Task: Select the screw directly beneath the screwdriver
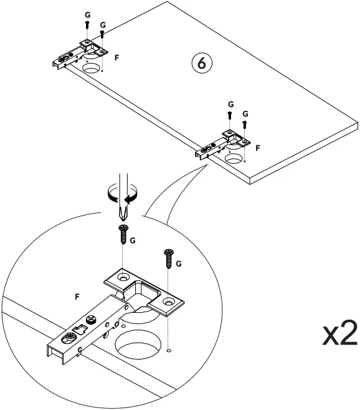point(121,236)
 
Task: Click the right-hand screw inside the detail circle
point(169,256)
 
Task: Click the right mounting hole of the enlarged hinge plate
point(168,302)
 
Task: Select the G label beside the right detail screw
point(179,263)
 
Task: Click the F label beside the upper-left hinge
point(118,57)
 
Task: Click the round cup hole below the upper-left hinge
point(92,67)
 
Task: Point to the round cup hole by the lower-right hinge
point(235,158)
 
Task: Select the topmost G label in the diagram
point(87,13)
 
